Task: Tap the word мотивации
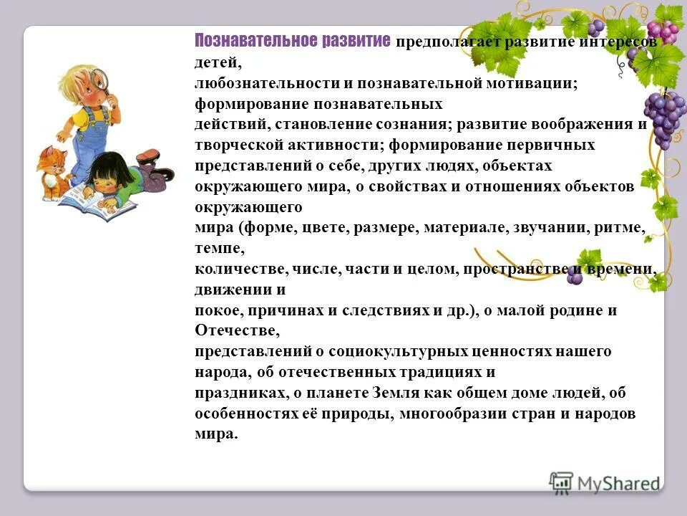tap(532, 84)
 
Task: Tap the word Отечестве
tap(233, 331)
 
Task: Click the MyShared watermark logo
tap(604, 482)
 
